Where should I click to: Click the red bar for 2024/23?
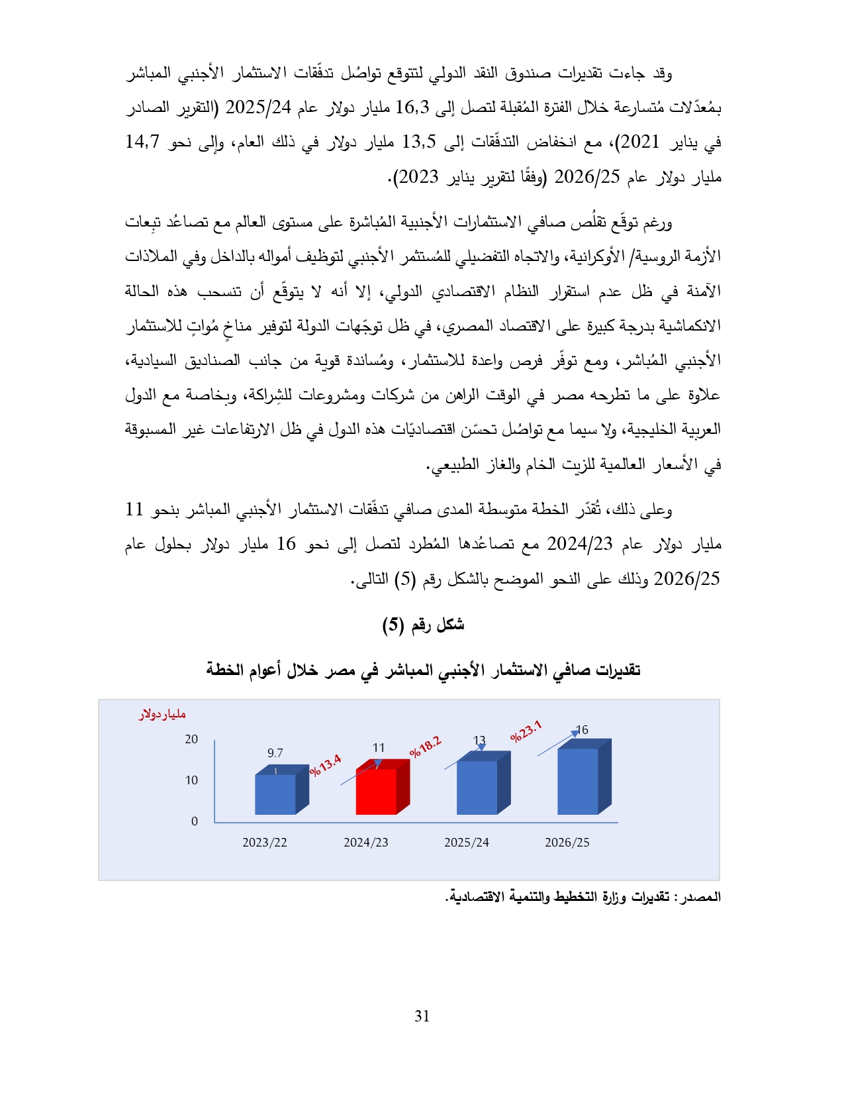tap(377, 791)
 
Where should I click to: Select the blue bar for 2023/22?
tap(275, 794)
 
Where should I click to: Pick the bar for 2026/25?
tap(578, 781)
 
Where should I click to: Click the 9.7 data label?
tap(275, 753)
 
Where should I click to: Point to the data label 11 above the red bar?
tap(379, 748)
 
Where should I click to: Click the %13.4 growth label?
tap(325, 765)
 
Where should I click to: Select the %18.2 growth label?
tap(425, 747)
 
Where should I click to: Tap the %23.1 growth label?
tap(526, 731)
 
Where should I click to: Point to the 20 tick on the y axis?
tap(191, 739)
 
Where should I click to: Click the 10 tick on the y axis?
tap(191, 780)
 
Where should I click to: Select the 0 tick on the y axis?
tap(195, 821)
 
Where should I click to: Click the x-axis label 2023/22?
tap(265, 843)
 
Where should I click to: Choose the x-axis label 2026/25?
tap(567, 843)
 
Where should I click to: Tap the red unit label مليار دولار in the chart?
tap(162, 715)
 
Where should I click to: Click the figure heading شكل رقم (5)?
tap(423, 625)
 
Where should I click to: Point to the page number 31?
tap(422, 1016)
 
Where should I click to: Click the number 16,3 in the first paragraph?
tap(412, 107)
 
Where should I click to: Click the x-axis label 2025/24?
tap(467, 843)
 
